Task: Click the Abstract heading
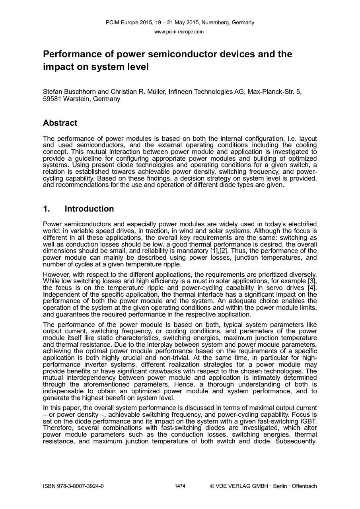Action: click(60, 123)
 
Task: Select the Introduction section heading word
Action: click(89, 209)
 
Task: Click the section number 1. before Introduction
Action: click(47, 209)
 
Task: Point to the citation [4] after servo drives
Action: click(312, 288)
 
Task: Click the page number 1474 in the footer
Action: click(180, 486)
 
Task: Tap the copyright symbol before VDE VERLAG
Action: click(212, 486)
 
